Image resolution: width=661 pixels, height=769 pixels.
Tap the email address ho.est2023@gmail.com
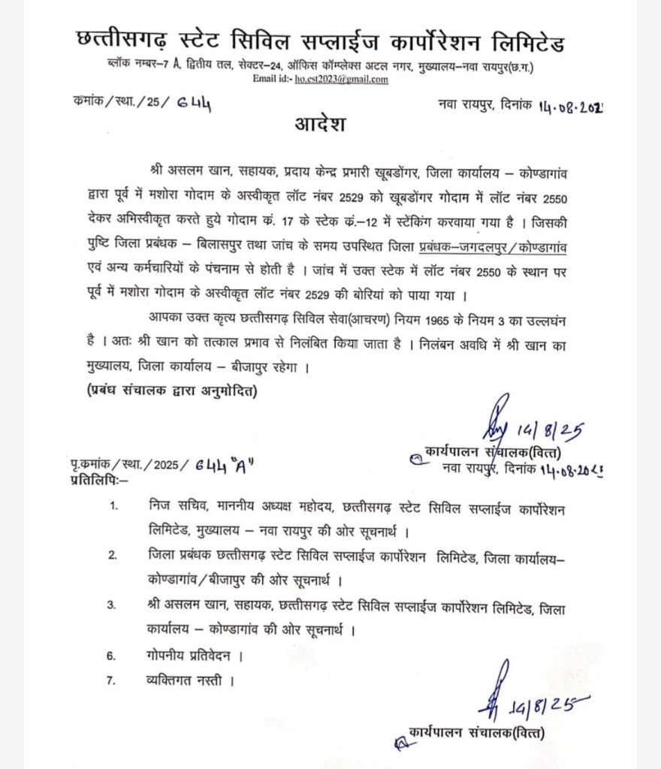coord(342,79)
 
